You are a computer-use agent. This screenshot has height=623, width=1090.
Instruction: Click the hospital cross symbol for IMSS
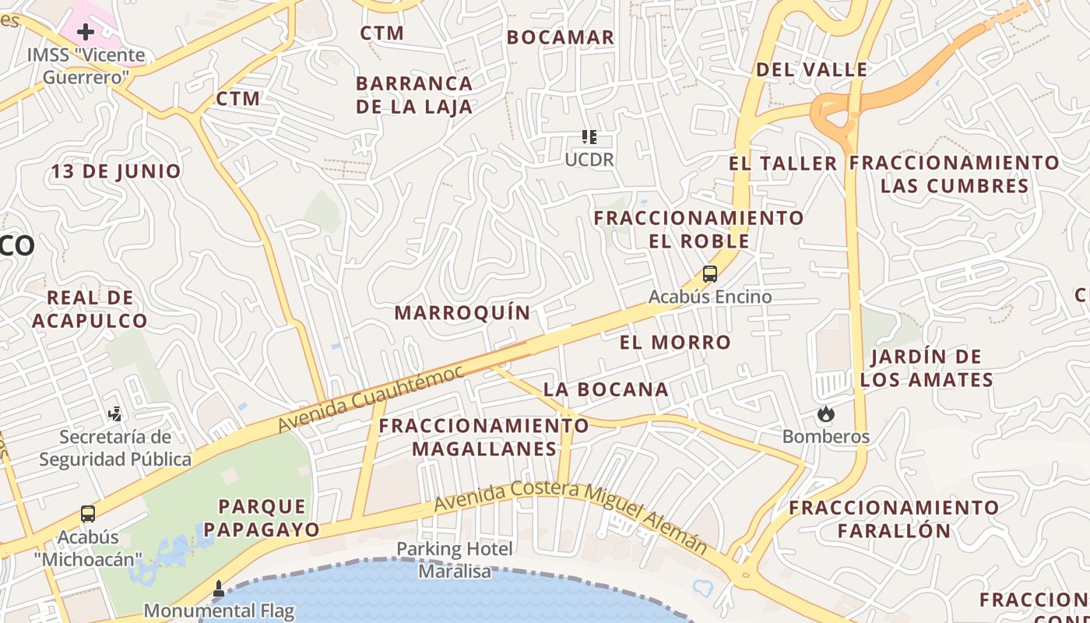click(86, 32)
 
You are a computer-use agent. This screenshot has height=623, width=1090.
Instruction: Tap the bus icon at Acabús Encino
click(709, 274)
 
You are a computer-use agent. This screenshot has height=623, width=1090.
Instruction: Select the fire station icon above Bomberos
click(825, 414)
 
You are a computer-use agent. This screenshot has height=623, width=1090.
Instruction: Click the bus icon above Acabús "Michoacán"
click(88, 514)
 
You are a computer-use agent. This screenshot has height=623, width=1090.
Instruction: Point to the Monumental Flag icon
click(219, 587)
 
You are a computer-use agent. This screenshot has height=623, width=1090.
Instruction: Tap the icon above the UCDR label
click(589, 137)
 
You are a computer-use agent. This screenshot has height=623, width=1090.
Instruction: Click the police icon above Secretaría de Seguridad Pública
click(115, 414)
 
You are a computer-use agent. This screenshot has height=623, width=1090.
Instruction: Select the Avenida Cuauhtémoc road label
click(371, 399)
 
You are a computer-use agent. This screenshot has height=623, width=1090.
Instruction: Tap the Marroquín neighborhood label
click(462, 313)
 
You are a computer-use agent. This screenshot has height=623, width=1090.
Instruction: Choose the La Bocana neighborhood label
click(606, 389)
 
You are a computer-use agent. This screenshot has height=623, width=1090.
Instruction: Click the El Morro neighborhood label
click(675, 342)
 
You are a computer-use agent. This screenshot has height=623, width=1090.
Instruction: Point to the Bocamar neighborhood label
click(561, 37)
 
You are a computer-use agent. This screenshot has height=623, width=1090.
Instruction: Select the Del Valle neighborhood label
click(812, 69)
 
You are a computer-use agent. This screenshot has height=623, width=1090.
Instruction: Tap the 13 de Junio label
click(117, 171)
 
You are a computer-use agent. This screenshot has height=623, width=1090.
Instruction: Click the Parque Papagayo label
click(268, 518)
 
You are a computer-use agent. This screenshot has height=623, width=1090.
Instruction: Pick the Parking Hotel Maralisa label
click(455, 560)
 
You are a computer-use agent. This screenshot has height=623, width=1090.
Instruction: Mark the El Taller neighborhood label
click(783, 164)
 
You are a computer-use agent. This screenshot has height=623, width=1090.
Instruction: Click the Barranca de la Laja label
click(414, 95)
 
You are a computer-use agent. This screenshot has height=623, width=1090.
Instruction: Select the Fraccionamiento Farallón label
click(894, 519)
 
